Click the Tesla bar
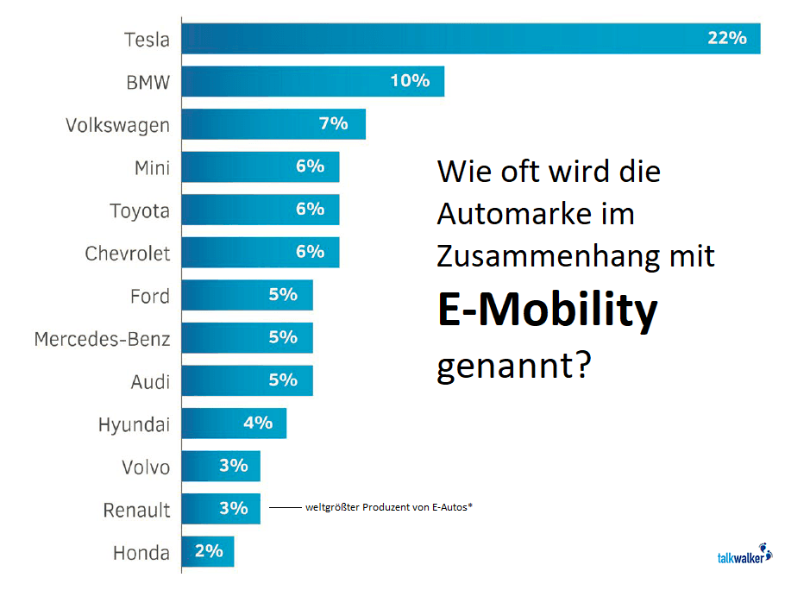pos(470,39)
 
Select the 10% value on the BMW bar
pos(409,81)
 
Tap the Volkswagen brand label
pos(117,125)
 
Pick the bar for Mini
pos(260,166)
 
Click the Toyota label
pos(140,210)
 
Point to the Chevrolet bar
pos(260,252)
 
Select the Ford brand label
pos(149,296)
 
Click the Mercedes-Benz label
pos(102,339)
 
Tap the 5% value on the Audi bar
pos(283,380)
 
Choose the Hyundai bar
pos(233,423)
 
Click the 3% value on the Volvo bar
pos(233,466)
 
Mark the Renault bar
pos(220,508)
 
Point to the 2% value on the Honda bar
pos(209,551)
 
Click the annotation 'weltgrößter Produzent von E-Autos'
pos(388,507)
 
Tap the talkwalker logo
pos(744,555)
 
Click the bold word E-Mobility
pos(547,311)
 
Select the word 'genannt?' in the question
pos(513,366)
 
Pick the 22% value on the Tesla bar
pos(726,39)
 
